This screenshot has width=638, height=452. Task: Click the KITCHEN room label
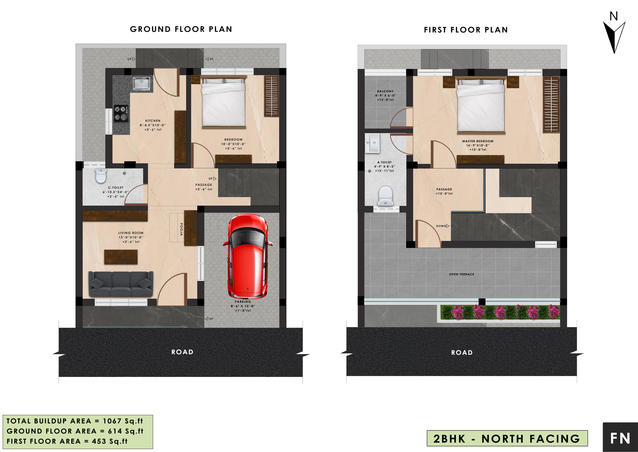(x=153, y=121)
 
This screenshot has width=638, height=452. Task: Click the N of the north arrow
(x=614, y=16)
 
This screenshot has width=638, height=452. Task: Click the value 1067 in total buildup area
(x=112, y=421)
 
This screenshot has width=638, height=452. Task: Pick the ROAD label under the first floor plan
(x=462, y=353)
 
